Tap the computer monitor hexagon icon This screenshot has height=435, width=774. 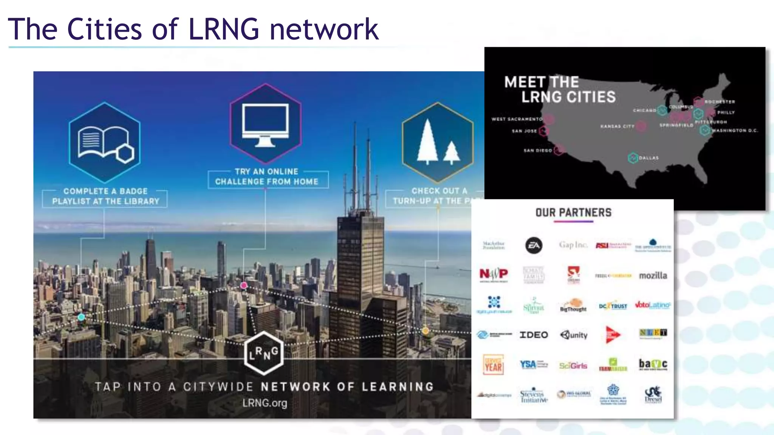pyautogui.click(x=265, y=123)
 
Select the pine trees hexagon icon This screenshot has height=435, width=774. pyautogui.click(x=438, y=143)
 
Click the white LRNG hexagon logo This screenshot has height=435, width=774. pyautogui.click(x=263, y=353)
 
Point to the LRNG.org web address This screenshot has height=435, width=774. pyautogui.click(x=265, y=403)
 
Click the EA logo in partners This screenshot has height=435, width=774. pyautogui.click(x=534, y=245)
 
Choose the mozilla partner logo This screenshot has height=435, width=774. pyautogui.click(x=653, y=276)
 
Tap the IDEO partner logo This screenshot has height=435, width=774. pyautogui.click(x=534, y=335)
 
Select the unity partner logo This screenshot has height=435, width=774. pyautogui.click(x=574, y=335)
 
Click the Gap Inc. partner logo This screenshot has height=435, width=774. pyautogui.click(x=573, y=245)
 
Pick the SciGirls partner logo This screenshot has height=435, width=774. pyautogui.click(x=573, y=366)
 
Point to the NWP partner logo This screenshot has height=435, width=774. pyautogui.click(x=494, y=274)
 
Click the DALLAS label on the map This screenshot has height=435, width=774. pyautogui.click(x=649, y=158)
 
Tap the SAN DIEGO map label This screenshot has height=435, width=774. pyautogui.click(x=537, y=150)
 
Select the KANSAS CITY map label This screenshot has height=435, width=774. pyautogui.click(x=617, y=126)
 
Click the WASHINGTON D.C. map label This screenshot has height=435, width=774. pyautogui.click(x=734, y=131)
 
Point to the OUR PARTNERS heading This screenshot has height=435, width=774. pyautogui.click(x=573, y=213)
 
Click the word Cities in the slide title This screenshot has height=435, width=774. pyautogui.click(x=104, y=29)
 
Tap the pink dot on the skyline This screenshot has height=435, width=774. pyautogui.click(x=244, y=285)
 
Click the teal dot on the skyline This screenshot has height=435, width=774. pyautogui.click(x=81, y=317)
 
